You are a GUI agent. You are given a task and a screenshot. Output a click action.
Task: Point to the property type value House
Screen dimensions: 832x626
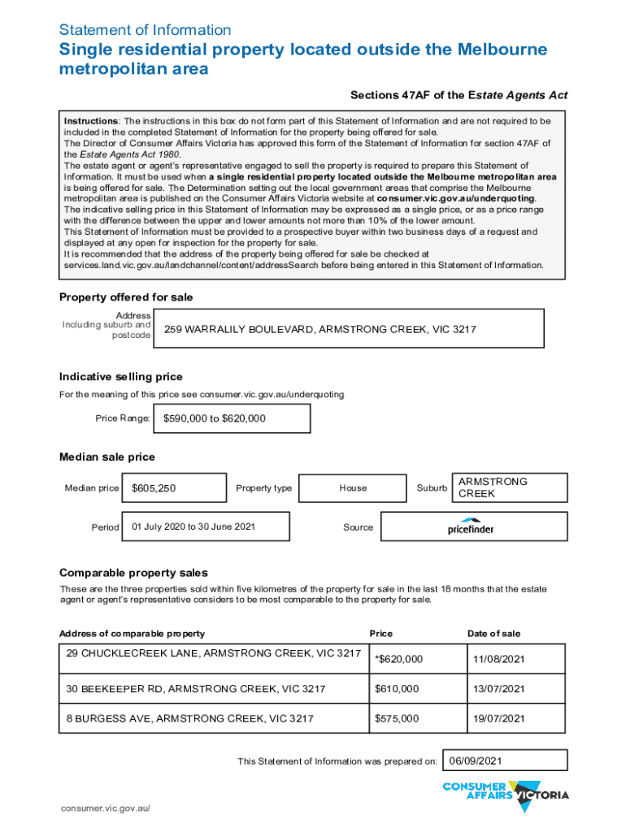point(353,488)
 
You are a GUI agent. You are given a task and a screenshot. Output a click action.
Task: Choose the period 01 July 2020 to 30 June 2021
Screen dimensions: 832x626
point(193,527)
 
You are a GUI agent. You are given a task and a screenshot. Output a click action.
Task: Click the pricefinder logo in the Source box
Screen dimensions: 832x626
point(471,527)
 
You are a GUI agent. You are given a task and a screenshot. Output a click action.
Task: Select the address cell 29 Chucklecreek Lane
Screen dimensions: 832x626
point(214,654)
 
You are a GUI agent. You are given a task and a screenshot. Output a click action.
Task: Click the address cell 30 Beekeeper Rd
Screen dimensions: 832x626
point(196,689)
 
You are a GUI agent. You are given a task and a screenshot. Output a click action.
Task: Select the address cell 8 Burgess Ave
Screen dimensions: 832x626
point(189,718)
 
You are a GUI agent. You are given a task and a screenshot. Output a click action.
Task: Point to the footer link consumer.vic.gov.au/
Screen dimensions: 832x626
point(105,809)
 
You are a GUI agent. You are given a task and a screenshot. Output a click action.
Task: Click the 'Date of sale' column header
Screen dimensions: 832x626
point(493,634)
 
